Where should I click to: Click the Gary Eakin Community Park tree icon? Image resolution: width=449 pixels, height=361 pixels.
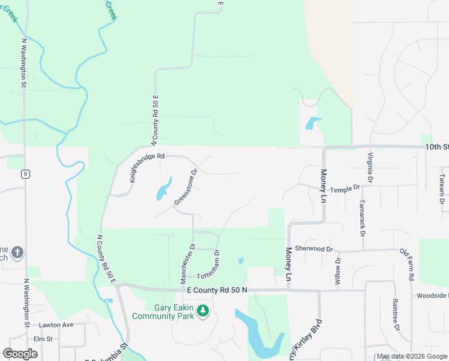click(203, 310)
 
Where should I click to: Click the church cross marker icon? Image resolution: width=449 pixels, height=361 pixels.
click(17, 253)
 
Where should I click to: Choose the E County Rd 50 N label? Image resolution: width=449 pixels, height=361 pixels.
click(217, 291)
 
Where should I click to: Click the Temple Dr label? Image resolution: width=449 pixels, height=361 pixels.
click(344, 188)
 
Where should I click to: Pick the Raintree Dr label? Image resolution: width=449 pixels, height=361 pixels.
click(396, 315)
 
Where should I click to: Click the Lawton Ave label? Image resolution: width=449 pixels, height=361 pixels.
click(56, 325)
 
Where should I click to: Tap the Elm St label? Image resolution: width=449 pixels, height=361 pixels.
click(44, 339)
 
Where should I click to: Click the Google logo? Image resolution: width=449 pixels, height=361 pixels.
click(20, 354)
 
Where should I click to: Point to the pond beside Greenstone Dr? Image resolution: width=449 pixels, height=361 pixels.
click(163, 190)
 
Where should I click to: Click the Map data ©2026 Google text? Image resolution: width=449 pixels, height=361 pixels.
click(412, 357)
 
